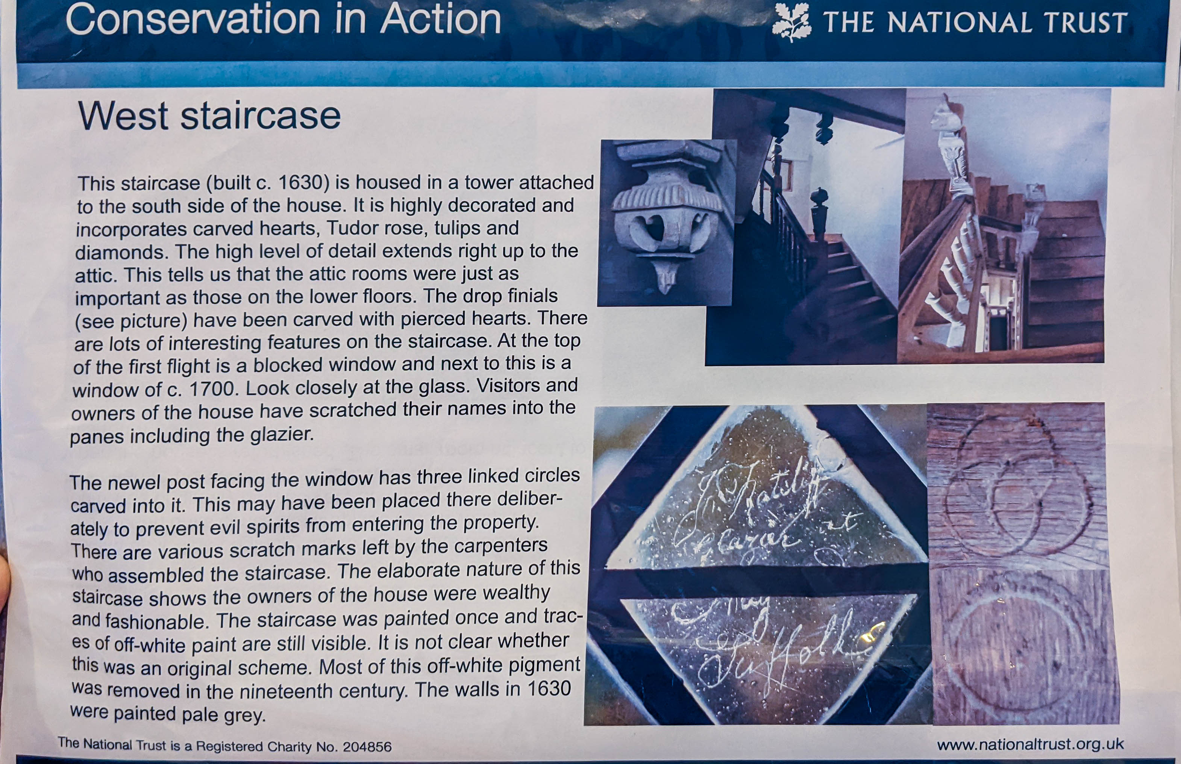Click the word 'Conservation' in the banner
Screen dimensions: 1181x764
point(193,20)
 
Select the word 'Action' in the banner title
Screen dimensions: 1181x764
point(440,20)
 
